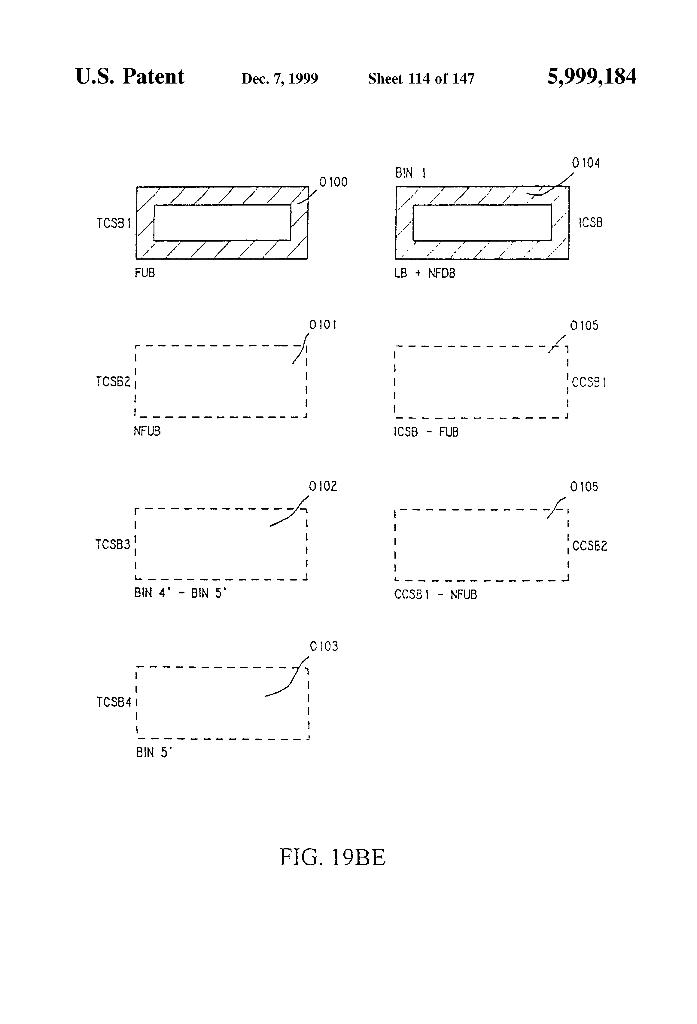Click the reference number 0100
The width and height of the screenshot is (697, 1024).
(x=333, y=182)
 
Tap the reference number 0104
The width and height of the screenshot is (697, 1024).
(x=586, y=163)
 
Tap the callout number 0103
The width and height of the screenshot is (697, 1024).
(x=324, y=646)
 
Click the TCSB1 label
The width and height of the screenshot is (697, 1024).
(x=114, y=223)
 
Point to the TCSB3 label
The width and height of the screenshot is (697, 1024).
(x=113, y=545)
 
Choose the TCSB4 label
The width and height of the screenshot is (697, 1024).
(x=114, y=702)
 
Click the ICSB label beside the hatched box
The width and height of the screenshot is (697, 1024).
(x=590, y=223)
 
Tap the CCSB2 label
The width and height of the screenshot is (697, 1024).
(x=589, y=546)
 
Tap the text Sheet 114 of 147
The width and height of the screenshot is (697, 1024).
(x=421, y=79)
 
